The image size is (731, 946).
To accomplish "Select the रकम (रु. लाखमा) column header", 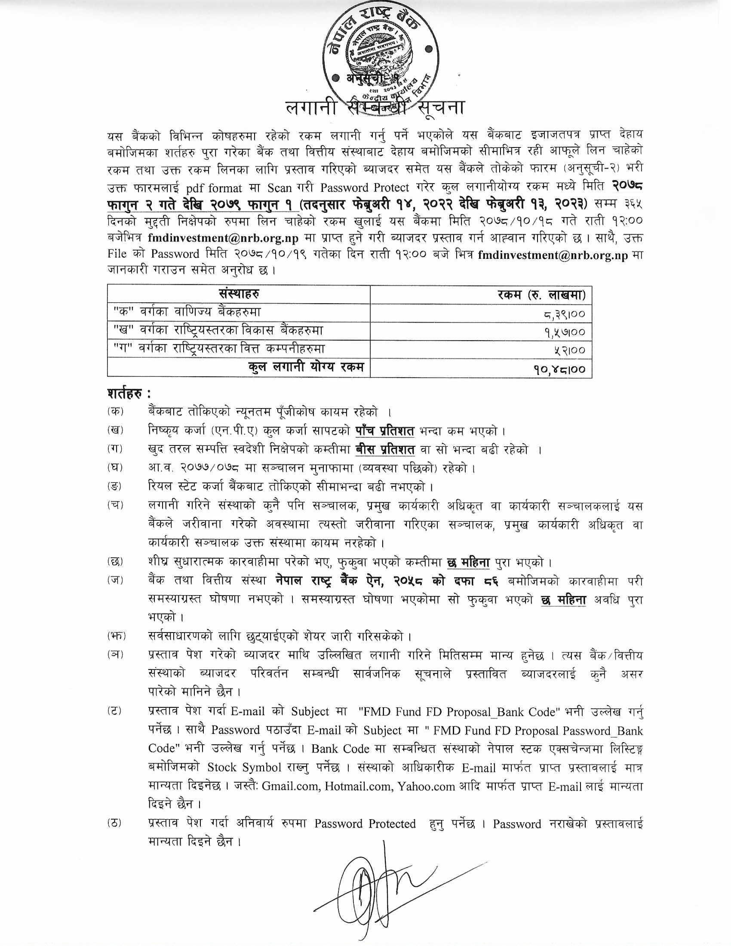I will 541,295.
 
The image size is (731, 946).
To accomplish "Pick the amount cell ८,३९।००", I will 563,313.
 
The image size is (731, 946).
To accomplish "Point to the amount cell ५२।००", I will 570,350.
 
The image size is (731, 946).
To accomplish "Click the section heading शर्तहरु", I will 129,394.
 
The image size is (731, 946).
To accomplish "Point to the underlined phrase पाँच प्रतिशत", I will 385,431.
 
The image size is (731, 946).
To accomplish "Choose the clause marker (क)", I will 115,412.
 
